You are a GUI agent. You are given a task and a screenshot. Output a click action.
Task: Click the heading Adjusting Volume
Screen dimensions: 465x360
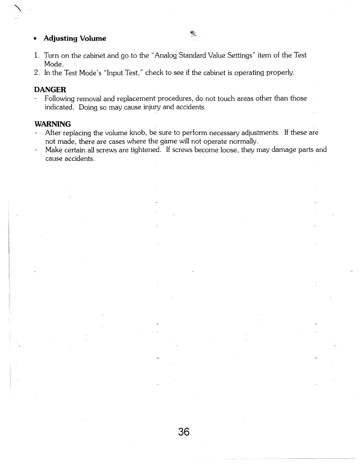[x=75, y=39]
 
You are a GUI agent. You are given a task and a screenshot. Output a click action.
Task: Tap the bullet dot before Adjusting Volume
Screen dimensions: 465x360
[x=35, y=39]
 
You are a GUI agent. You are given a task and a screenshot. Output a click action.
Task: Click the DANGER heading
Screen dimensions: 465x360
[x=50, y=89]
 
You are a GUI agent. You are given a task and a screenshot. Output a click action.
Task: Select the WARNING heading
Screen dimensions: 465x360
[x=52, y=123]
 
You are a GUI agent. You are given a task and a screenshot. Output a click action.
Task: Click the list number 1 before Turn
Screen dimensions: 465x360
[x=36, y=56]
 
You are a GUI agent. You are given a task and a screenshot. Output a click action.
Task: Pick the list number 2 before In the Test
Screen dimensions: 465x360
[x=36, y=73]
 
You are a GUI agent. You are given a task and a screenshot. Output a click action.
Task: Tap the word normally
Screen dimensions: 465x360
[x=243, y=141]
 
